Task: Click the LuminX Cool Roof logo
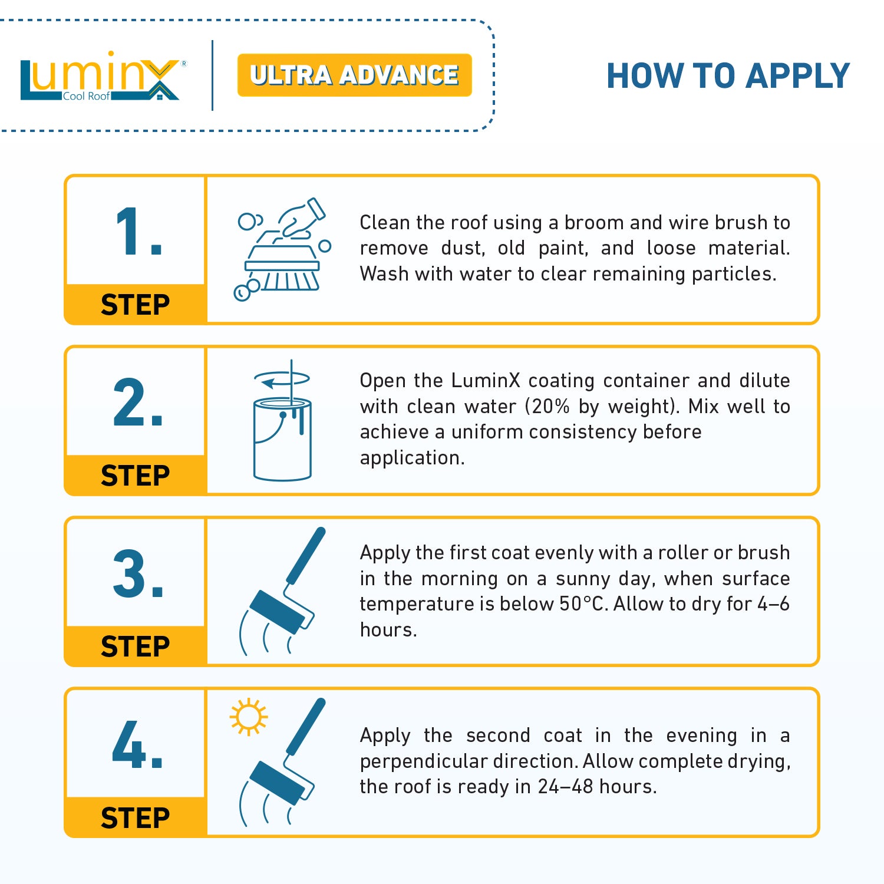pos(100,77)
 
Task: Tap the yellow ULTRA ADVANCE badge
pos(354,75)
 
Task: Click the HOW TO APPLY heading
pos(728,76)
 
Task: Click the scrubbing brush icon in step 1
pos(282,250)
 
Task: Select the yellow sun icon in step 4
pos(248,717)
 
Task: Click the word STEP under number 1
pos(136,305)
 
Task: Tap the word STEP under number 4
pos(136,817)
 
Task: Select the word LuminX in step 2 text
pos(486,381)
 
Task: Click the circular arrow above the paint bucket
pos(282,379)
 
